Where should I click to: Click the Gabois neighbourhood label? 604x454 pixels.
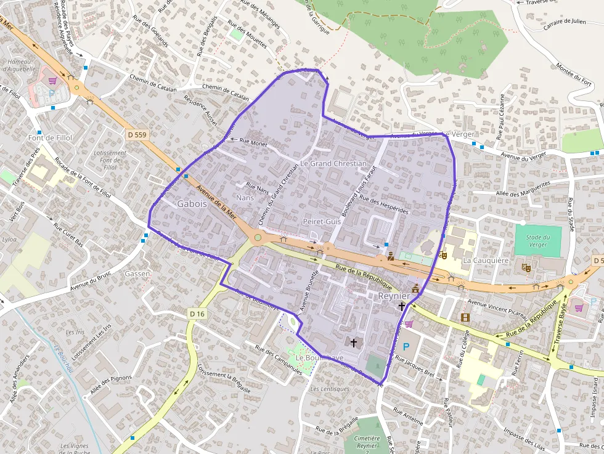coord(192,203)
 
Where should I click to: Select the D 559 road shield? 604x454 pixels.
coord(139,134)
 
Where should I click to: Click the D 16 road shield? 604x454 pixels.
coord(197,314)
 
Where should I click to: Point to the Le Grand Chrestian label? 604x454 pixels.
coord(333,164)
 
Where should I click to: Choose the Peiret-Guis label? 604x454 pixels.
coord(322,221)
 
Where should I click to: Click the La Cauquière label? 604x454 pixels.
coord(486,260)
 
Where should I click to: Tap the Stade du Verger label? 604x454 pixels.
coord(538,240)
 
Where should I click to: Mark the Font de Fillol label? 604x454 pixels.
coord(51,137)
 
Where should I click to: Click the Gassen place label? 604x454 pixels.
coord(137,273)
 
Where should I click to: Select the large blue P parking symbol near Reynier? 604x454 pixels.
coord(406,347)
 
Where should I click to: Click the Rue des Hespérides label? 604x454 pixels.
coord(384,205)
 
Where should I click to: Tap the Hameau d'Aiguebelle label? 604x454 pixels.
coord(20,66)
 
